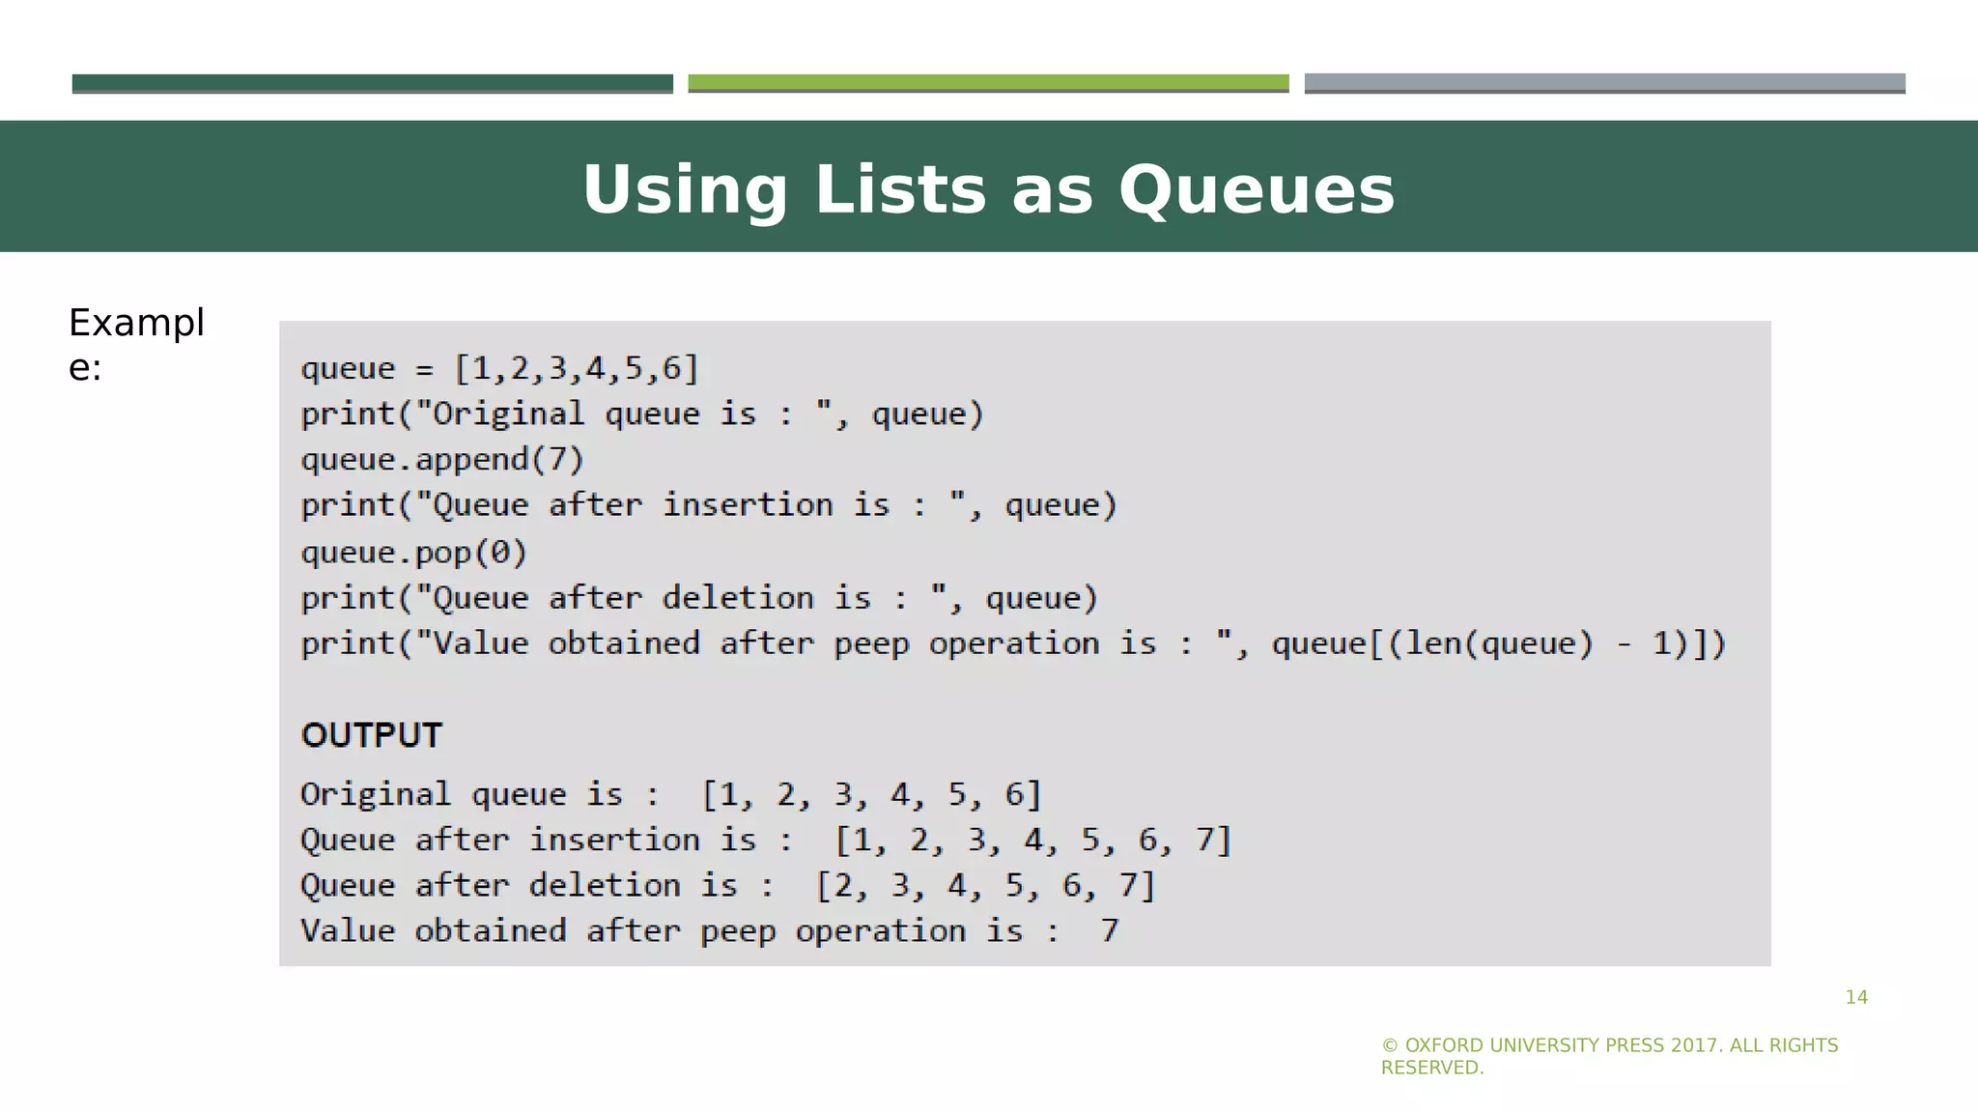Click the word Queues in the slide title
click(1256, 189)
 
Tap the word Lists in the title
click(900, 189)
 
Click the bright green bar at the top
click(988, 83)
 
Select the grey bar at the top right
click(1604, 83)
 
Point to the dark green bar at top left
click(372, 83)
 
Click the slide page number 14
click(1855, 997)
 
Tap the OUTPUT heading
click(372, 735)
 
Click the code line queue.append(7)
click(442, 459)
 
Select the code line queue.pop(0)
click(413, 552)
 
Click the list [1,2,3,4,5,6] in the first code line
click(577, 368)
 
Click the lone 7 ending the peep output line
click(1109, 930)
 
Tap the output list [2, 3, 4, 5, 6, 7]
click(985, 885)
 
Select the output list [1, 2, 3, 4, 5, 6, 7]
click(1032, 840)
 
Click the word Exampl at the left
click(136, 323)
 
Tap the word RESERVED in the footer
click(1430, 1068)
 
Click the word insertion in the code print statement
click(747, 504)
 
